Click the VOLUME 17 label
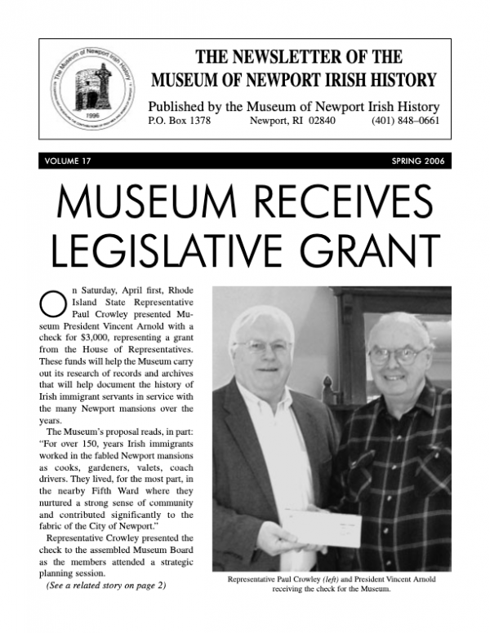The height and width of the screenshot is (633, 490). (x=69, y=161)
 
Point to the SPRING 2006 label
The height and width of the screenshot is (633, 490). (x=417, y=161)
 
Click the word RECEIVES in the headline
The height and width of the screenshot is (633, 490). (x=341, y=200)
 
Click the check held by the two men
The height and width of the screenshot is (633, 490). (x=322, y=528)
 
